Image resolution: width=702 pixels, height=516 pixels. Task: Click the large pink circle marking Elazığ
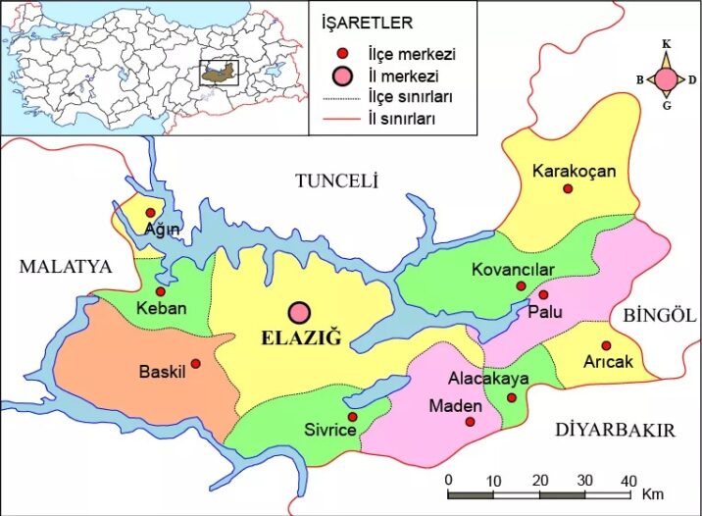(x=299, y=313)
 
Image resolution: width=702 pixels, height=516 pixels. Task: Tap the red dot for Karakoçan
(x=567, y=188)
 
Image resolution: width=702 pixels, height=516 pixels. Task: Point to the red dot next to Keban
(x=161, y=291)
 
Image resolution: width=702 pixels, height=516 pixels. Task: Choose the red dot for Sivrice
(x=352, y=417)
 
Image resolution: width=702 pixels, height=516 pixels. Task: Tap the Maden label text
(x=456, y=406)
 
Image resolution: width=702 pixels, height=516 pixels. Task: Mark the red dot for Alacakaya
(x=512, y=397)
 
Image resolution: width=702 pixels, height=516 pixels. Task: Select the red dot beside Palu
(x=543, y=294)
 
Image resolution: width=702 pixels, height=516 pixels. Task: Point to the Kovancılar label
(x=513, y=270)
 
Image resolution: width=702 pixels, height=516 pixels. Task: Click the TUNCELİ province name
(x=336, y=181)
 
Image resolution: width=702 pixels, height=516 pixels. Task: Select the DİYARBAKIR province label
(x=615, y=430)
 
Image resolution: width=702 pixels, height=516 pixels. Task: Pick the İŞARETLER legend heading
(x=367, y=22)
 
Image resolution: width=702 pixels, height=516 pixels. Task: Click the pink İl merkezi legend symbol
(x=340, y=76)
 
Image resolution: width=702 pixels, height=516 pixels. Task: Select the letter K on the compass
(x=666, y=44)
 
